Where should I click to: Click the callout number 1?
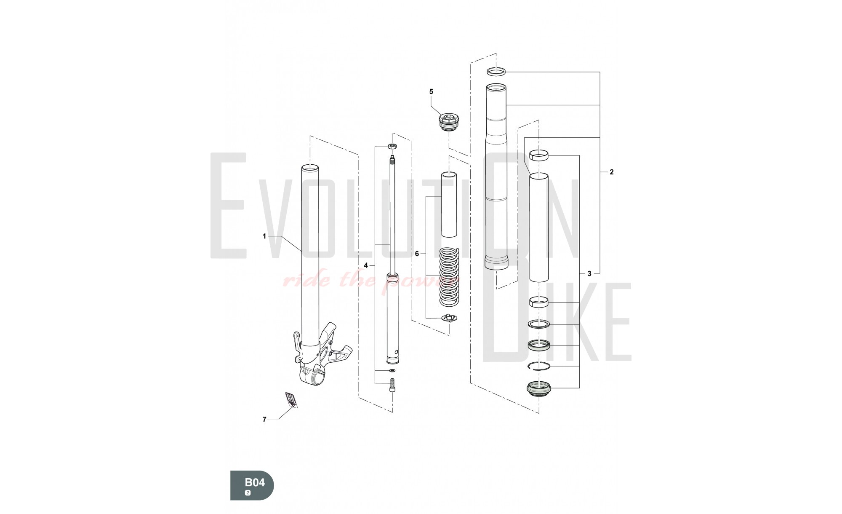(264, 236)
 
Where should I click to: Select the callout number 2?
(612, 172)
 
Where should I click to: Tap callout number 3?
(589, 273)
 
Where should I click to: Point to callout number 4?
(366, 265)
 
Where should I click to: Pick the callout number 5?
(431, 91)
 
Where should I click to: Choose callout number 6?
(417, 254)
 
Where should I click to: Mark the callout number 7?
(264, 419)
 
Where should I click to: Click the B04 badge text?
(255, 482)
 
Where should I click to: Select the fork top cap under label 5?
(449, 122)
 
